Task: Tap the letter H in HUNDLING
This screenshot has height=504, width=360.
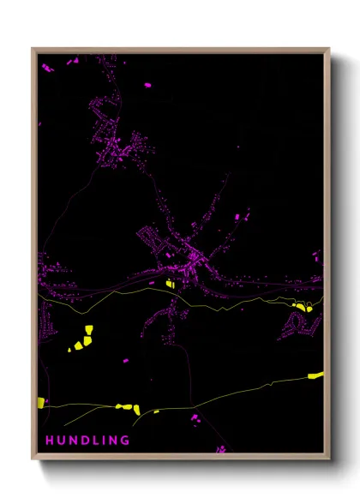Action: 49,441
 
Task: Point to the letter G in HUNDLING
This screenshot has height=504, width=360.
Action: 125,441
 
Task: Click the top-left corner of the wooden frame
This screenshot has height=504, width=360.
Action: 33,49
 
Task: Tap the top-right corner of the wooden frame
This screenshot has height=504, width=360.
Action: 329,49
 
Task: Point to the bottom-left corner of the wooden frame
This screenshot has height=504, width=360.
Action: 33,459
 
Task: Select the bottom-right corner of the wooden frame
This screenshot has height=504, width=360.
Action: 329,459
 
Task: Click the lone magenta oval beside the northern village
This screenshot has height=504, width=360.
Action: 147,85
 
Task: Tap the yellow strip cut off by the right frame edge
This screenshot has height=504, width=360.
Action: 316,375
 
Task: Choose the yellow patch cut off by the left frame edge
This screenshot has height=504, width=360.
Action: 40,402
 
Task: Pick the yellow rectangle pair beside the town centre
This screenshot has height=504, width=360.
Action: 170,283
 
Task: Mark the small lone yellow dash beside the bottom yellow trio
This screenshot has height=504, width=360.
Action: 156,411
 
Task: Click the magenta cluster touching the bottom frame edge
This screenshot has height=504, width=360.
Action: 221,448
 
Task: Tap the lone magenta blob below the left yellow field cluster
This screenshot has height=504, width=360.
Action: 127,361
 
